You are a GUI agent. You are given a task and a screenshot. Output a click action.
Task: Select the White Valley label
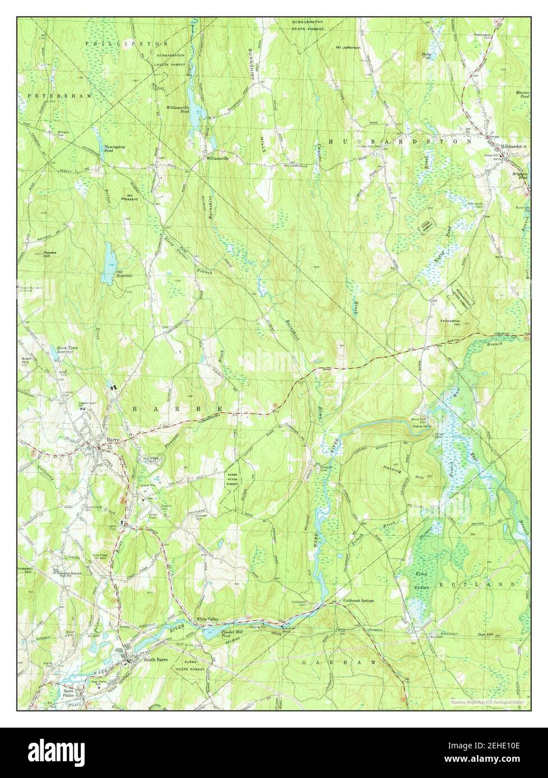coord(207,618)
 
